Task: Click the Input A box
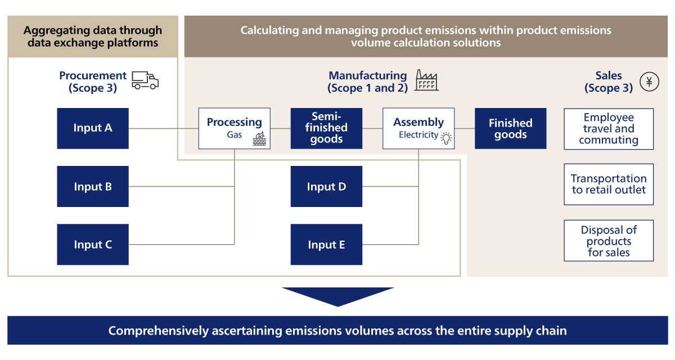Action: tap(93, 128)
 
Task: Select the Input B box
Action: tap(93, 187)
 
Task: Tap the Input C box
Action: tap(93, 245)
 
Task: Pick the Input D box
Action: tap(326, 187)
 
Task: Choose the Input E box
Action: tap(326, 245)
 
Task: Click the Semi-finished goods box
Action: tap(326, 128)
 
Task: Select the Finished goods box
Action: tap(510, 128)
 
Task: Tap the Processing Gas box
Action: tap(234, 128)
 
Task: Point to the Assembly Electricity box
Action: tap(418, 128)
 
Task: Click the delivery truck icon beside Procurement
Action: tap(145, 80)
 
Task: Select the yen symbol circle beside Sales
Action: tap(649, 82)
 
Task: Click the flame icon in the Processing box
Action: tap(259, 139)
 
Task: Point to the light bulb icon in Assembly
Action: tap(447, 138)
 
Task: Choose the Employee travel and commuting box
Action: tap(609, 129)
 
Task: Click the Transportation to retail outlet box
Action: tap(609, 184)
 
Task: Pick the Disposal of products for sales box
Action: tap(609, 241)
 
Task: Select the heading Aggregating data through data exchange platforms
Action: tap(93, 36)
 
